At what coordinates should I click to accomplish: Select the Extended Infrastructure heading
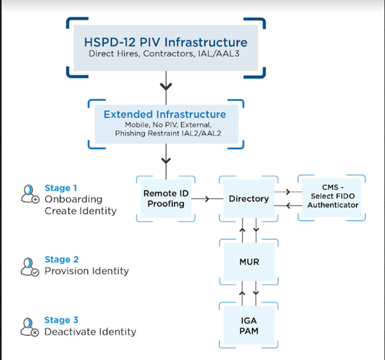(164, 114)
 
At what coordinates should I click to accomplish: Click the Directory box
(249, 198)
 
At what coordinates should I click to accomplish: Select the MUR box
(249, 262)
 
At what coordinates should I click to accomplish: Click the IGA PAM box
(249, 325)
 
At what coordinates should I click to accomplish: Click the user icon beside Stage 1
(30, 194)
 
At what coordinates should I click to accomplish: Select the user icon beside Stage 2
(30, 266)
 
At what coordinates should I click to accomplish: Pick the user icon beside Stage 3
(30, 326)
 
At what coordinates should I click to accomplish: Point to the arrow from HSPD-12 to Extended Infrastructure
(166, 86)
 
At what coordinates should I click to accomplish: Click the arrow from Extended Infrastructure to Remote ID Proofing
(166, 158)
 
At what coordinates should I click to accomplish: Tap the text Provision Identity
(86, 271)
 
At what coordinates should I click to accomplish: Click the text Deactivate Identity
(90, 332)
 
